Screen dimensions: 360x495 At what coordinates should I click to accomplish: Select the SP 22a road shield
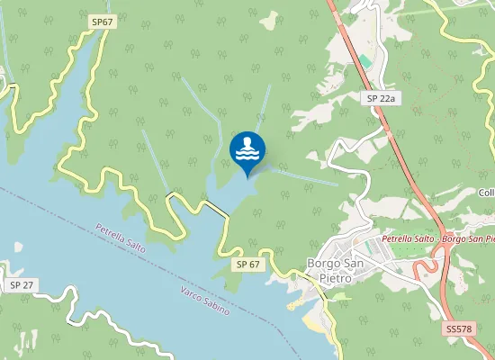point(382,97)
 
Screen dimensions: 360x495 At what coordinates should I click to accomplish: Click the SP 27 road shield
point(22,284)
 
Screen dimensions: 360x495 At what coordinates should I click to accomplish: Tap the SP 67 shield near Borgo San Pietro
point(248,265)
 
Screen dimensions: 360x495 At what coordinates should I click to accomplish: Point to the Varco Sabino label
point(204,299)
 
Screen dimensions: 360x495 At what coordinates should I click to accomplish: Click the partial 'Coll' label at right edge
point(486,193)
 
